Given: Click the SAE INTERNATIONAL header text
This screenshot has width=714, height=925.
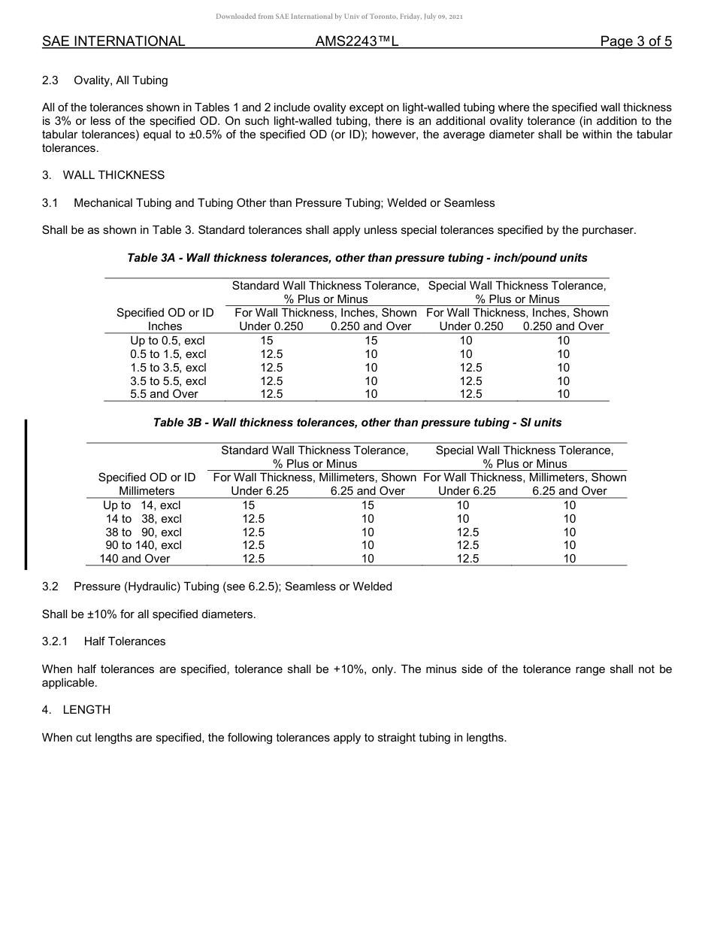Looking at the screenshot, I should [113, 41].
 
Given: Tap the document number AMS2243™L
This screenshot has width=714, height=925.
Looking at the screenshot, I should [356, 41].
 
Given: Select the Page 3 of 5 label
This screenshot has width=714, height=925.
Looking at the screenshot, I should [636, 41].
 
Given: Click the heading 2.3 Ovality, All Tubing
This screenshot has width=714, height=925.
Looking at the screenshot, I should [105, 80].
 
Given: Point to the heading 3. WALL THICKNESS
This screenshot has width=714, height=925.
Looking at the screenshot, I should [103, 175].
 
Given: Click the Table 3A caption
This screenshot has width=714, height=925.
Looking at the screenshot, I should [357, 258].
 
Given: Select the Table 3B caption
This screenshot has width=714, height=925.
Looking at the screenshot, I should [357, 423].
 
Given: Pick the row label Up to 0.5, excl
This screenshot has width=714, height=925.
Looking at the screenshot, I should [168, 341].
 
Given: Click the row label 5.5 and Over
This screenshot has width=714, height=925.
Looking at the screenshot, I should [164, 394].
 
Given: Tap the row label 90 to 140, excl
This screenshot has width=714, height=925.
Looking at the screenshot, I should [143, 545].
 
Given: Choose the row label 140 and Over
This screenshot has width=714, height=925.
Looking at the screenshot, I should [135, 559].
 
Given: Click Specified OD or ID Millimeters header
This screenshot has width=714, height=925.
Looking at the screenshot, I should [147, 484].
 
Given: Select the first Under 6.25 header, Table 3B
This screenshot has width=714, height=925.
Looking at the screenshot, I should [259, 491].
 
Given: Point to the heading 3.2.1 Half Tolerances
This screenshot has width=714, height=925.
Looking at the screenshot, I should [104, 641].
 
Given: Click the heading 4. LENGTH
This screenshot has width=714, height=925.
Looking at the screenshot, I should [76, 710].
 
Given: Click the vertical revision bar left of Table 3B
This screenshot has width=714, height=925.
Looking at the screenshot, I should [27, 496].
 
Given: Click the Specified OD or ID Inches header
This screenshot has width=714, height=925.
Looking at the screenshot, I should [165, 320].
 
